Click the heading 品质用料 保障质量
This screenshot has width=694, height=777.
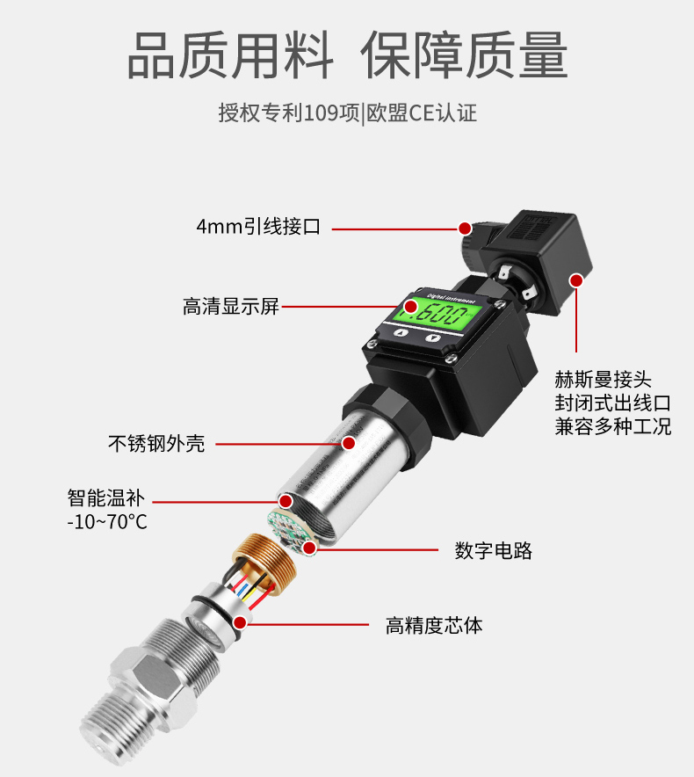[x=347, y=54]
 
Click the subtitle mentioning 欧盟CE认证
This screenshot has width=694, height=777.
[x=347, y=113]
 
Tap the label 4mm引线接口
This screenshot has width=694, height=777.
[x=258, y=227]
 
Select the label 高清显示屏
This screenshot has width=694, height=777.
[x=231, y=306]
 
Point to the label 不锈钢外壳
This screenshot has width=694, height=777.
[x=156, y=443]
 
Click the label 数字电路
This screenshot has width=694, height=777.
[x=494, y=550]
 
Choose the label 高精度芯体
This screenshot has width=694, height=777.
[x=434, y=625]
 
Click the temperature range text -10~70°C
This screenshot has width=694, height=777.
[x=107, y=522]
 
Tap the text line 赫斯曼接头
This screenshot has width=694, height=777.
[x=603, y=380]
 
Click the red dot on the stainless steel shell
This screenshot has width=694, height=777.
[x=349, y=443]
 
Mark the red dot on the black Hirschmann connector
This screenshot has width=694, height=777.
[x=576, y=280]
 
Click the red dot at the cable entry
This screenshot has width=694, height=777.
[x=465, y=228]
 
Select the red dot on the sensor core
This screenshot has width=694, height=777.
[x=240, y=622]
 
